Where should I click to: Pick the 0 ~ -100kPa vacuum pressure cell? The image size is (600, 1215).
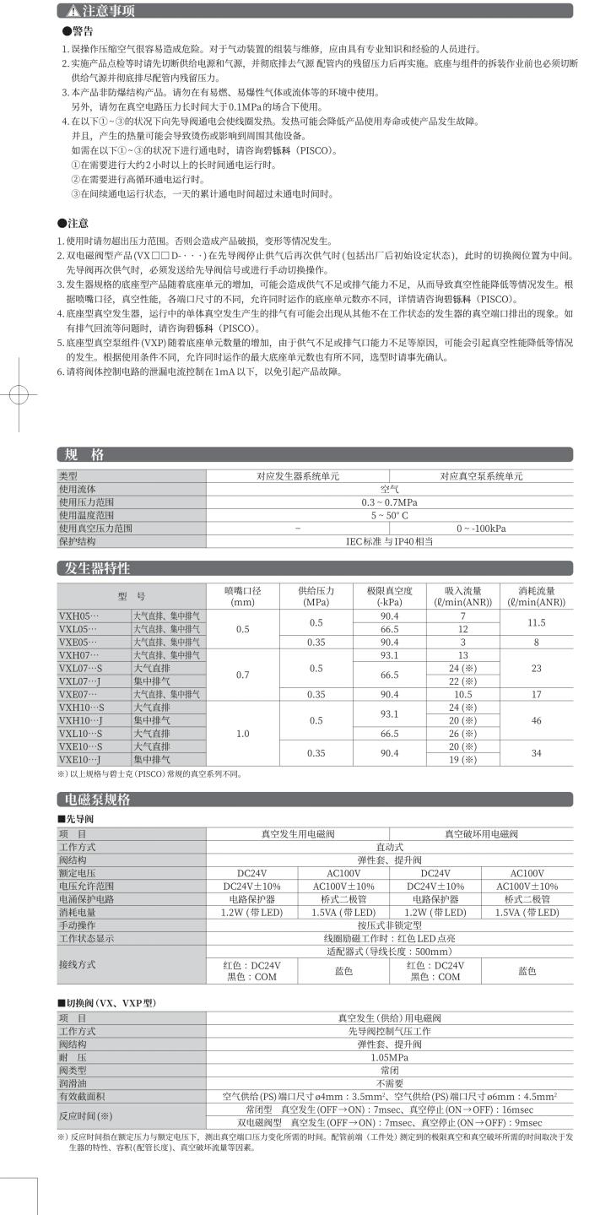coord(481,528)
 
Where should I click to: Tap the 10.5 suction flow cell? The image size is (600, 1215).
coord(462,694)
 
